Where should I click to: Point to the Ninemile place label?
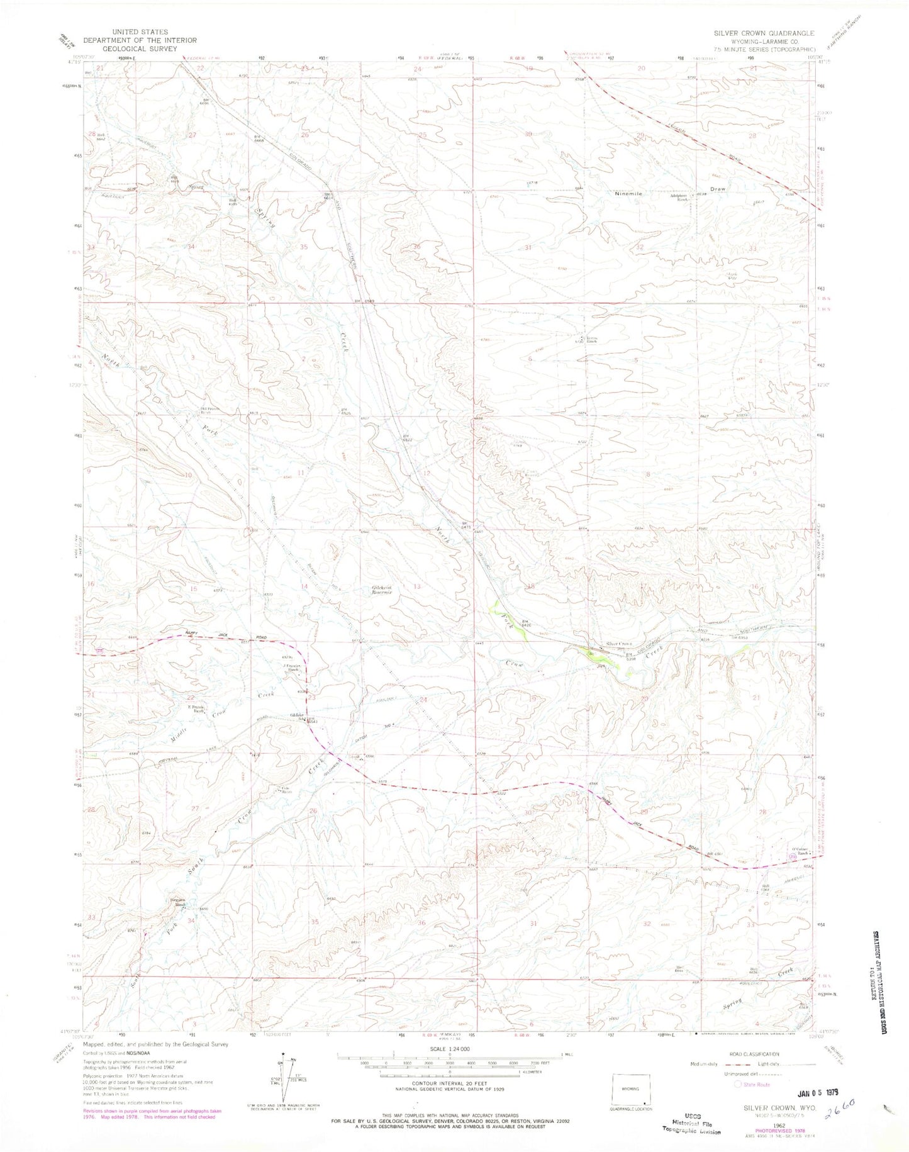coord(628,194)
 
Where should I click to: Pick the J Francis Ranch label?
coord(292,668)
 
